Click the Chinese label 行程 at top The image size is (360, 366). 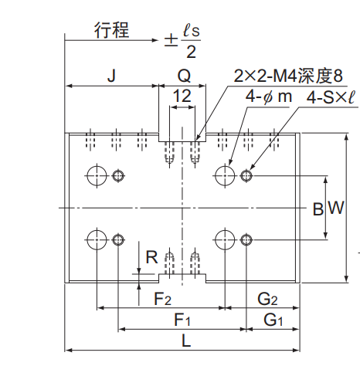[x=111, y=30]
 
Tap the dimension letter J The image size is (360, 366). [x=111, y=76]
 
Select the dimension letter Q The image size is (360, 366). [x=185, y=76]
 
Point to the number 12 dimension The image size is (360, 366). [x=182, y=96]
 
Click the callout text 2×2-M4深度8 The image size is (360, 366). [x=288, y=76]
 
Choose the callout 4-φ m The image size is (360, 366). [x=269, y=97]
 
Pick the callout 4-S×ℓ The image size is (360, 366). [x=331, y=97]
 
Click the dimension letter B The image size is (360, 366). [x=318, y=208]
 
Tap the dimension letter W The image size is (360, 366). [x=336, y=208]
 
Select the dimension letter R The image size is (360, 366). [x=151, y=257]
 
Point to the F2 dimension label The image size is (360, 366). [x=162, y=299]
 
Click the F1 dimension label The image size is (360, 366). [x=182, y=320]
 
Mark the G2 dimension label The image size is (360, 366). [x=267, y=299]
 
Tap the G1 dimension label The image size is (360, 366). [x=273, y=320]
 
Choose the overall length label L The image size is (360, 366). [x=186, y=341]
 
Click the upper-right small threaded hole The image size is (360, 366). [x=246, y=176]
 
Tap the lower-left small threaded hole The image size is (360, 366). [x=118, y=240]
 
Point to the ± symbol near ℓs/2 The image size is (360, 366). [x=171, y=41]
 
